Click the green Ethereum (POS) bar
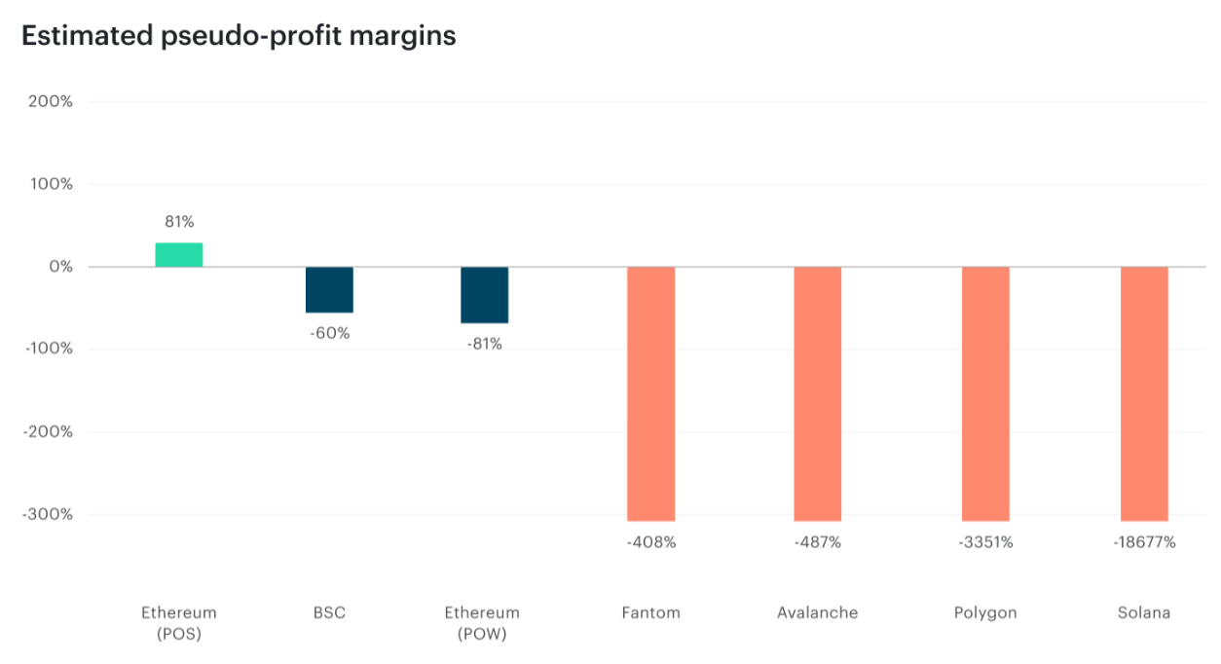click(x=179, y=255)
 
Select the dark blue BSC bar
click(x=329, y=289)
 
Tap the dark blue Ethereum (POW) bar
click(x=484, y=295)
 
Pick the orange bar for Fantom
click(x=650, y=393)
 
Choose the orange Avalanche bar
click(x=818, y=393)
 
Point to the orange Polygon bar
click(x=985, y=393)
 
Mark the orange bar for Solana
click(x=1144, y=393)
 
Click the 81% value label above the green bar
click(x=179, y=222)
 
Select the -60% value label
click(x=329, y=333)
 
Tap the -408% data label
click(x=650, y=542)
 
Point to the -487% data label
click(x=818, y=542)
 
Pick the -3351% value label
click(x=985, y=542)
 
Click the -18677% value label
click(x=1144, y=542)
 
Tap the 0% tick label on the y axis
click(x=60, y=267)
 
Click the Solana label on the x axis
click(x=1144, y=613)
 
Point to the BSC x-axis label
click(x=329, y=613)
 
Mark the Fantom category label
click(x=650, y=613)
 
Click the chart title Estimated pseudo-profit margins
click(x=239, y=36)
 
